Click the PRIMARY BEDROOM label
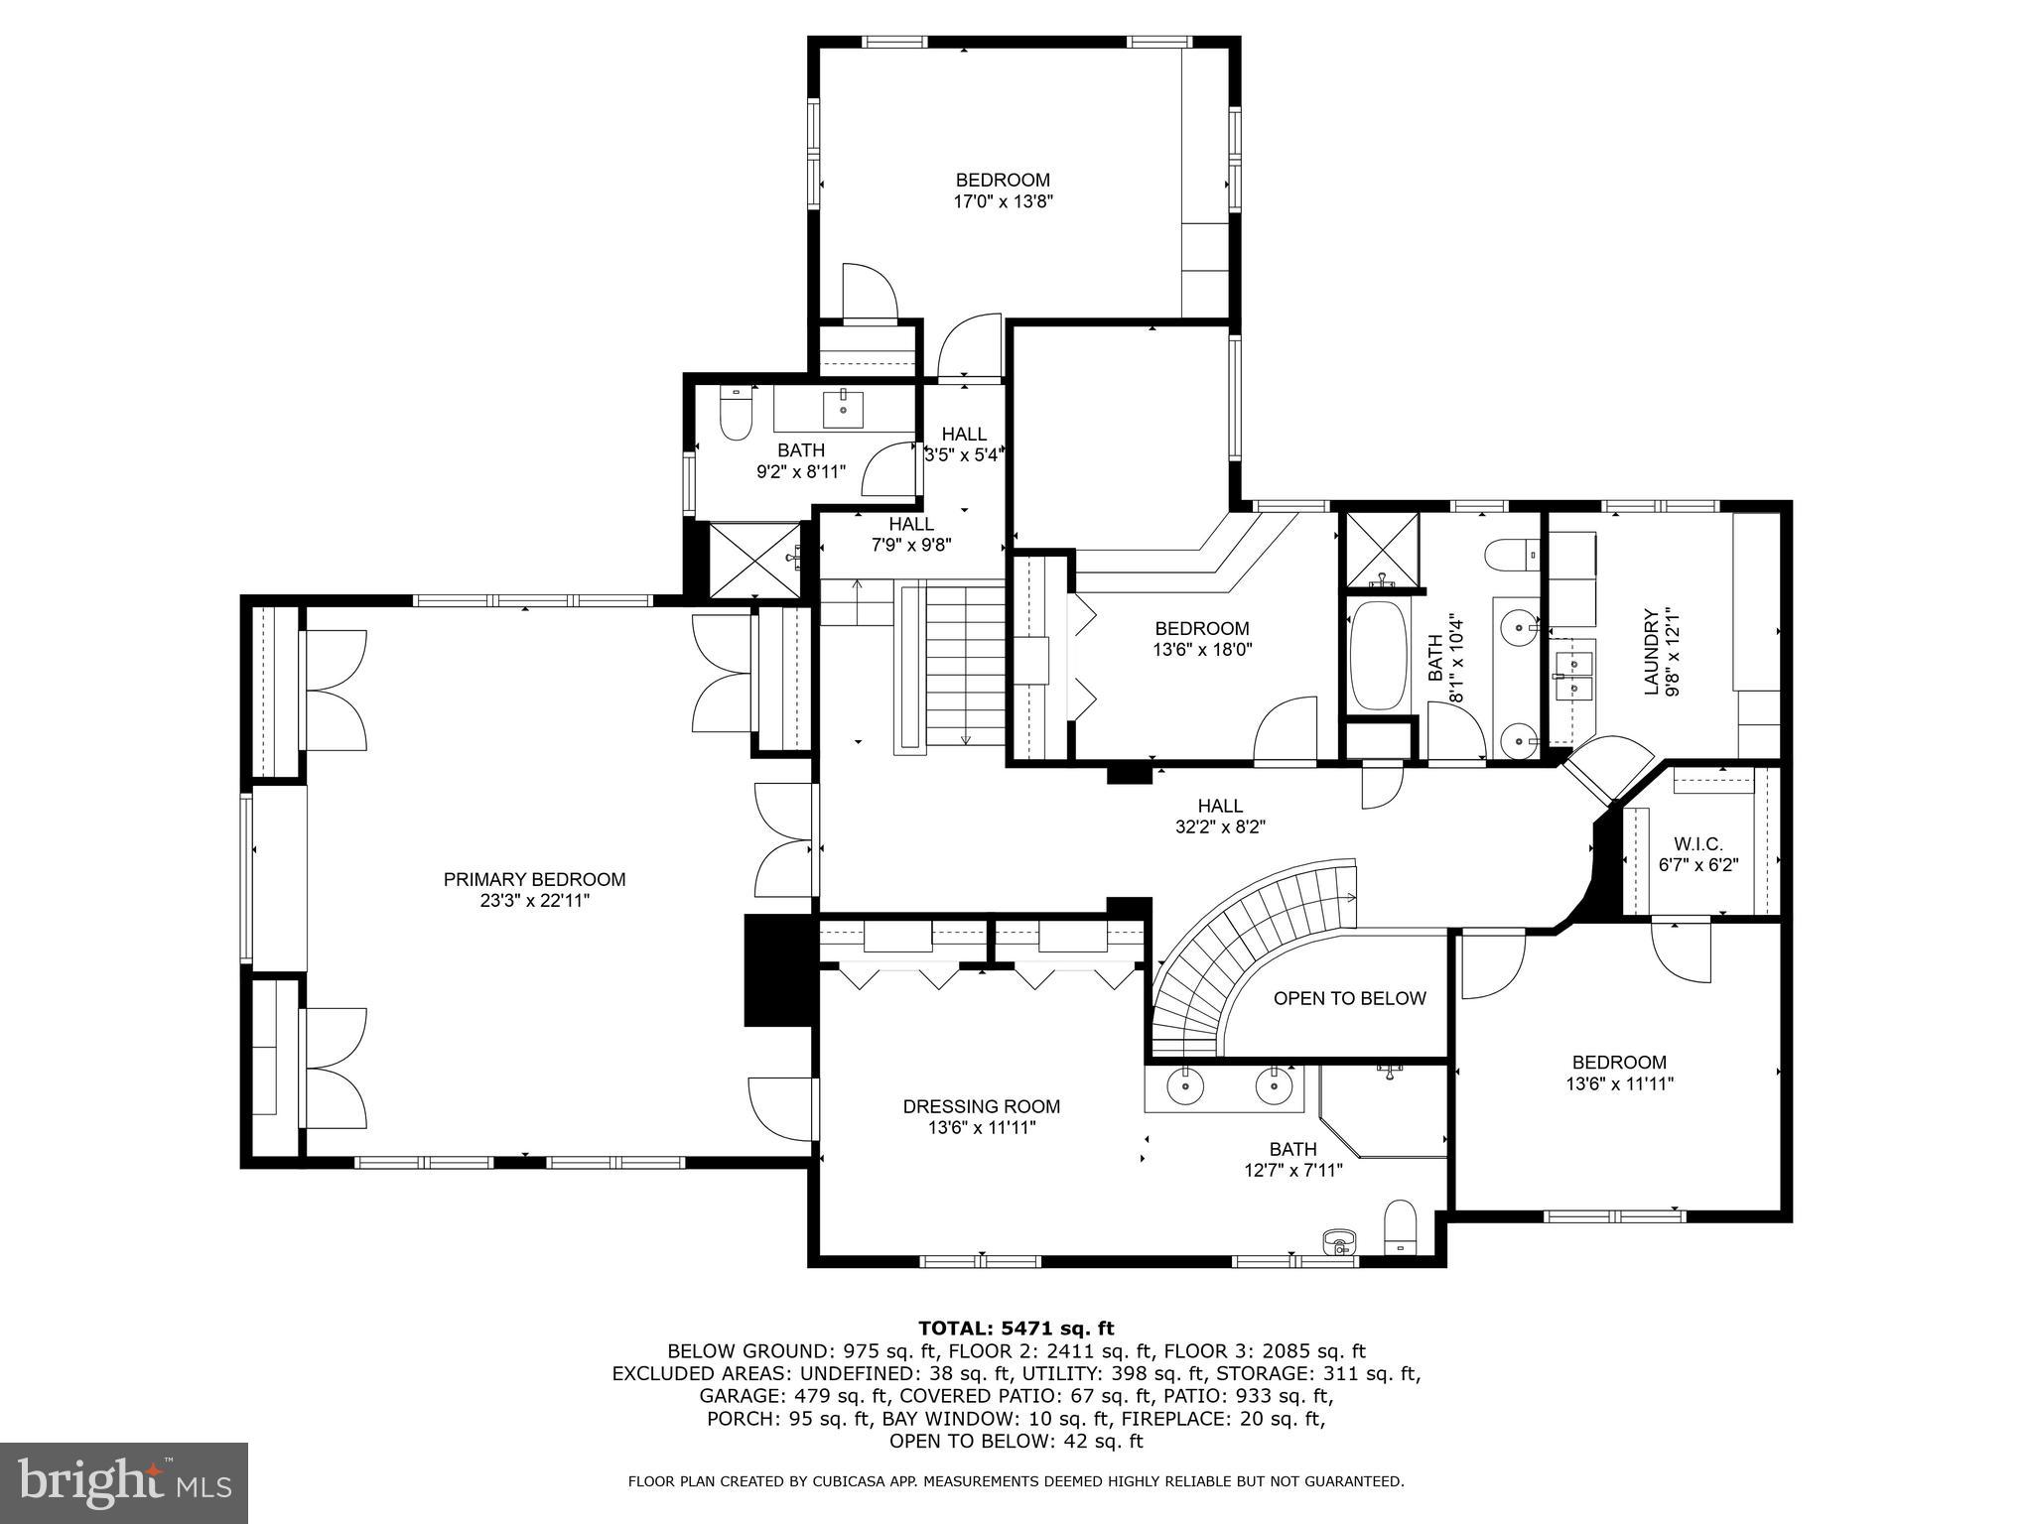coord(534,879)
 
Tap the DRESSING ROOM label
coord(981,1106)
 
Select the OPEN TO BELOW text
coord(1349,998)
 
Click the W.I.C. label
coord(1697,843)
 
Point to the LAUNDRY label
coord(1652,652)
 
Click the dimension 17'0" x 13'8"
coord(1003,201)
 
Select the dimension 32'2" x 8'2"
coord(1220,825)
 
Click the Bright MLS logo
coord(123,1482)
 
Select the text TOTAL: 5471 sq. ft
coord(1016,1328)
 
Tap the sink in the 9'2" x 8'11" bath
coord(843,408)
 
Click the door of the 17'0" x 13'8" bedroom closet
coord(869,293)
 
